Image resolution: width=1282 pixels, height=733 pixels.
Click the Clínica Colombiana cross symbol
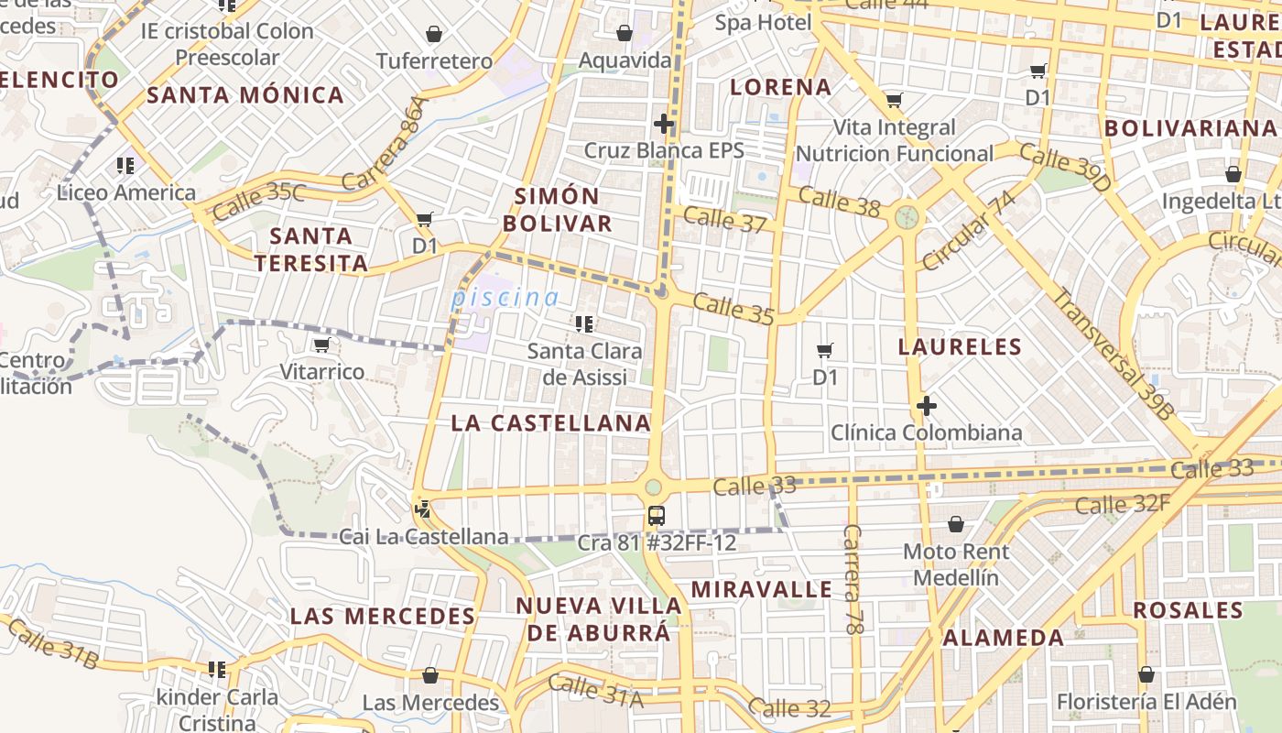pyautogui.click(x=926, y=405)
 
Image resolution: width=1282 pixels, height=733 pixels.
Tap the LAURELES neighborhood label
pyautogui.click(x=960, y=346)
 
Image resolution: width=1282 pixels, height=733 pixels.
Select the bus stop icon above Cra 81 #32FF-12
pyautogui.click(x=656, y=515)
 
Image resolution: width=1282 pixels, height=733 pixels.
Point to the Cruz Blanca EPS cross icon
pyautogui.click(x=664, y=123)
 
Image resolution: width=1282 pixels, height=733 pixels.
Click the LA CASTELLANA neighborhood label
pyautogui.click(x=550, y=423)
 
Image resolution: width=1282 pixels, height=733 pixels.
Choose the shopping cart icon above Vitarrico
pyautogui.click(x=321, y=345)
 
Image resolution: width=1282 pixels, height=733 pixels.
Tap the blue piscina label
pyautogui.click(x=505, y=298)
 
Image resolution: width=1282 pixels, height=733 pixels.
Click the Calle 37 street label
pyautogui.click(x=724, y=220)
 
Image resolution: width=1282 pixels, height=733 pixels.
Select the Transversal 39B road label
pyautogui.click(x=1111, y=354)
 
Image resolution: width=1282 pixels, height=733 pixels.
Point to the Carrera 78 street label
pyautogui.click(x=853, y=580)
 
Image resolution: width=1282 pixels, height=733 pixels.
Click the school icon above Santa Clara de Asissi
pyautogui.click(x=583, y=323)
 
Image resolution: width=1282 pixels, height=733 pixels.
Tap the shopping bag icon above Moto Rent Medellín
pyautogui.click(x=956, y=524)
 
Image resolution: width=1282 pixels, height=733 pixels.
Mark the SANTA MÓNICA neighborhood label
pyautogui.click(x=245, y=95)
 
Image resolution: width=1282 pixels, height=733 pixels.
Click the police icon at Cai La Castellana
pyautogui.click(x=422, y=509)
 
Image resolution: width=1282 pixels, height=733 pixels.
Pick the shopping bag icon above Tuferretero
pyautogui.click(x=434, y=34)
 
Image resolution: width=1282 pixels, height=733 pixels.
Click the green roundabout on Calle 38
pyautogui.click(x=907, y=217)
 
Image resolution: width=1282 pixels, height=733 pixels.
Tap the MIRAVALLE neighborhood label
pyautogui.click(x=761, y=589)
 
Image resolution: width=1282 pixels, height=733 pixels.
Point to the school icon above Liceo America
pyautogui.click(x=125, y=166)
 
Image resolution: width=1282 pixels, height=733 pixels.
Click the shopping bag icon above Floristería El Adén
pyautogui.click(x=1146, y=675)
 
